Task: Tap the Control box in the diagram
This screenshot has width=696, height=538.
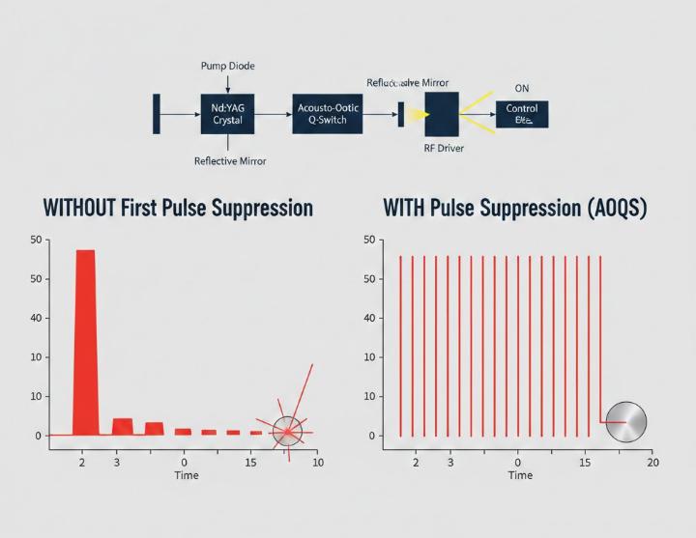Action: coord(522,114)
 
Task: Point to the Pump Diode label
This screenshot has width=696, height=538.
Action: coord(228,66)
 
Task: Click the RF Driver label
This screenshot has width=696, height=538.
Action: coord(443,149)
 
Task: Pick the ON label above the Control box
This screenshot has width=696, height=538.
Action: coord(522,88)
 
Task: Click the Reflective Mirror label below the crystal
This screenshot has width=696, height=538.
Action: coord(230,161)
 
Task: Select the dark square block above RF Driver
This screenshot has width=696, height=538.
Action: coord(443,113)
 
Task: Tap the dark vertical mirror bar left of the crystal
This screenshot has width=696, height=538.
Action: coord(157,114)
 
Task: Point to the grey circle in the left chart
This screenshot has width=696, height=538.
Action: coord(287,431)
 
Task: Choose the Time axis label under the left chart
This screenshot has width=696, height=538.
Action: coord(187,476)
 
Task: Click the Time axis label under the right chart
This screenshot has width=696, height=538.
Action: coord(520,475)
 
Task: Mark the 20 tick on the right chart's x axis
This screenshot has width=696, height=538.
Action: coord(652,464)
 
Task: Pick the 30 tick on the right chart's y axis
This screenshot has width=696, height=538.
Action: coord(368,357)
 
